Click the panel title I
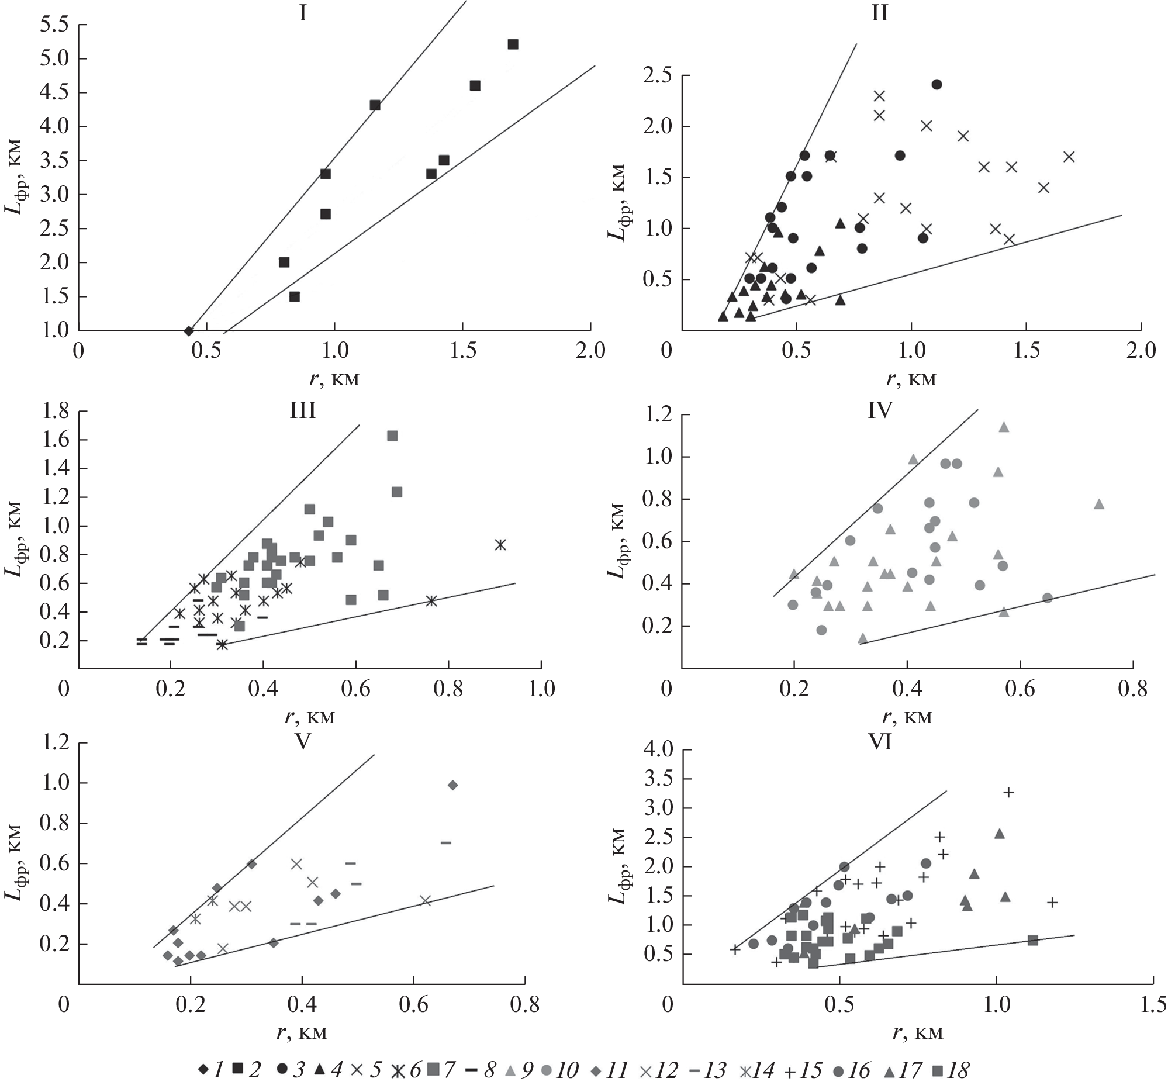click(302, 13)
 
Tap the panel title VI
click(880, 742)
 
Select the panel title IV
click(880, 410)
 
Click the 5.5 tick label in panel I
click(54, 25)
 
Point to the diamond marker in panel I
click(188, 331)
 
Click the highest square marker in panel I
click(513, 44)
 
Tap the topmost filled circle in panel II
click(937, 85)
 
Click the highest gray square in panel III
click(392, 436)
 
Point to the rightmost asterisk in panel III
click(500, 545)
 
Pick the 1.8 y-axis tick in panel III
click(54, 412)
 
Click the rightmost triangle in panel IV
click(1098, 504)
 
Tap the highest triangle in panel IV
click(1004, 427)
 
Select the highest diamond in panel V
click(452, 785)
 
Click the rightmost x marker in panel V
click(425, 901)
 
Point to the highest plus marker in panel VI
click(1008, 792)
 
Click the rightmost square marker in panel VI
click(1032, 940)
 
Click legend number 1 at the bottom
click(219, 1070)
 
